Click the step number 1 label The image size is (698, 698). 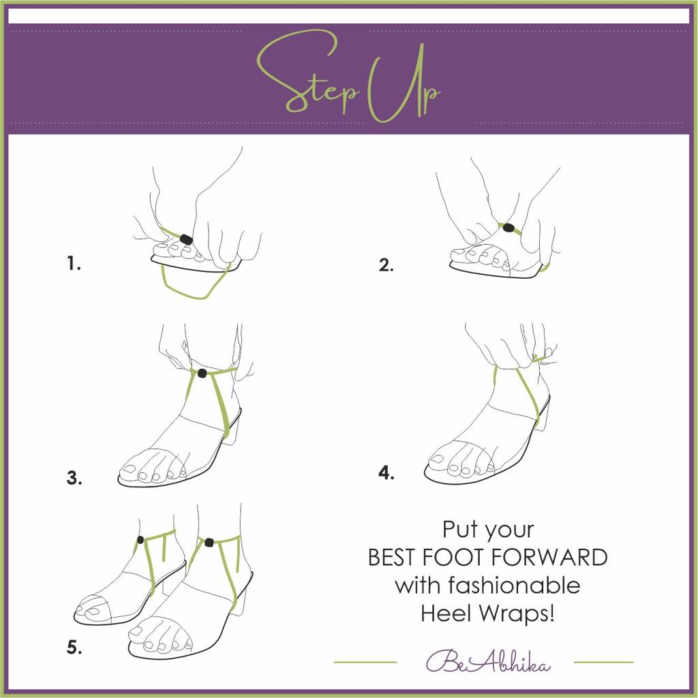click(74, 264)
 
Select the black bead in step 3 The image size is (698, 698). click(202, 373)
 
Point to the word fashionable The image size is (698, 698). click(487, 585)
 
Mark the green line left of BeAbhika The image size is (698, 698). click(365, 662)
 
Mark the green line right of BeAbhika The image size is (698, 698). click(603, 662)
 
